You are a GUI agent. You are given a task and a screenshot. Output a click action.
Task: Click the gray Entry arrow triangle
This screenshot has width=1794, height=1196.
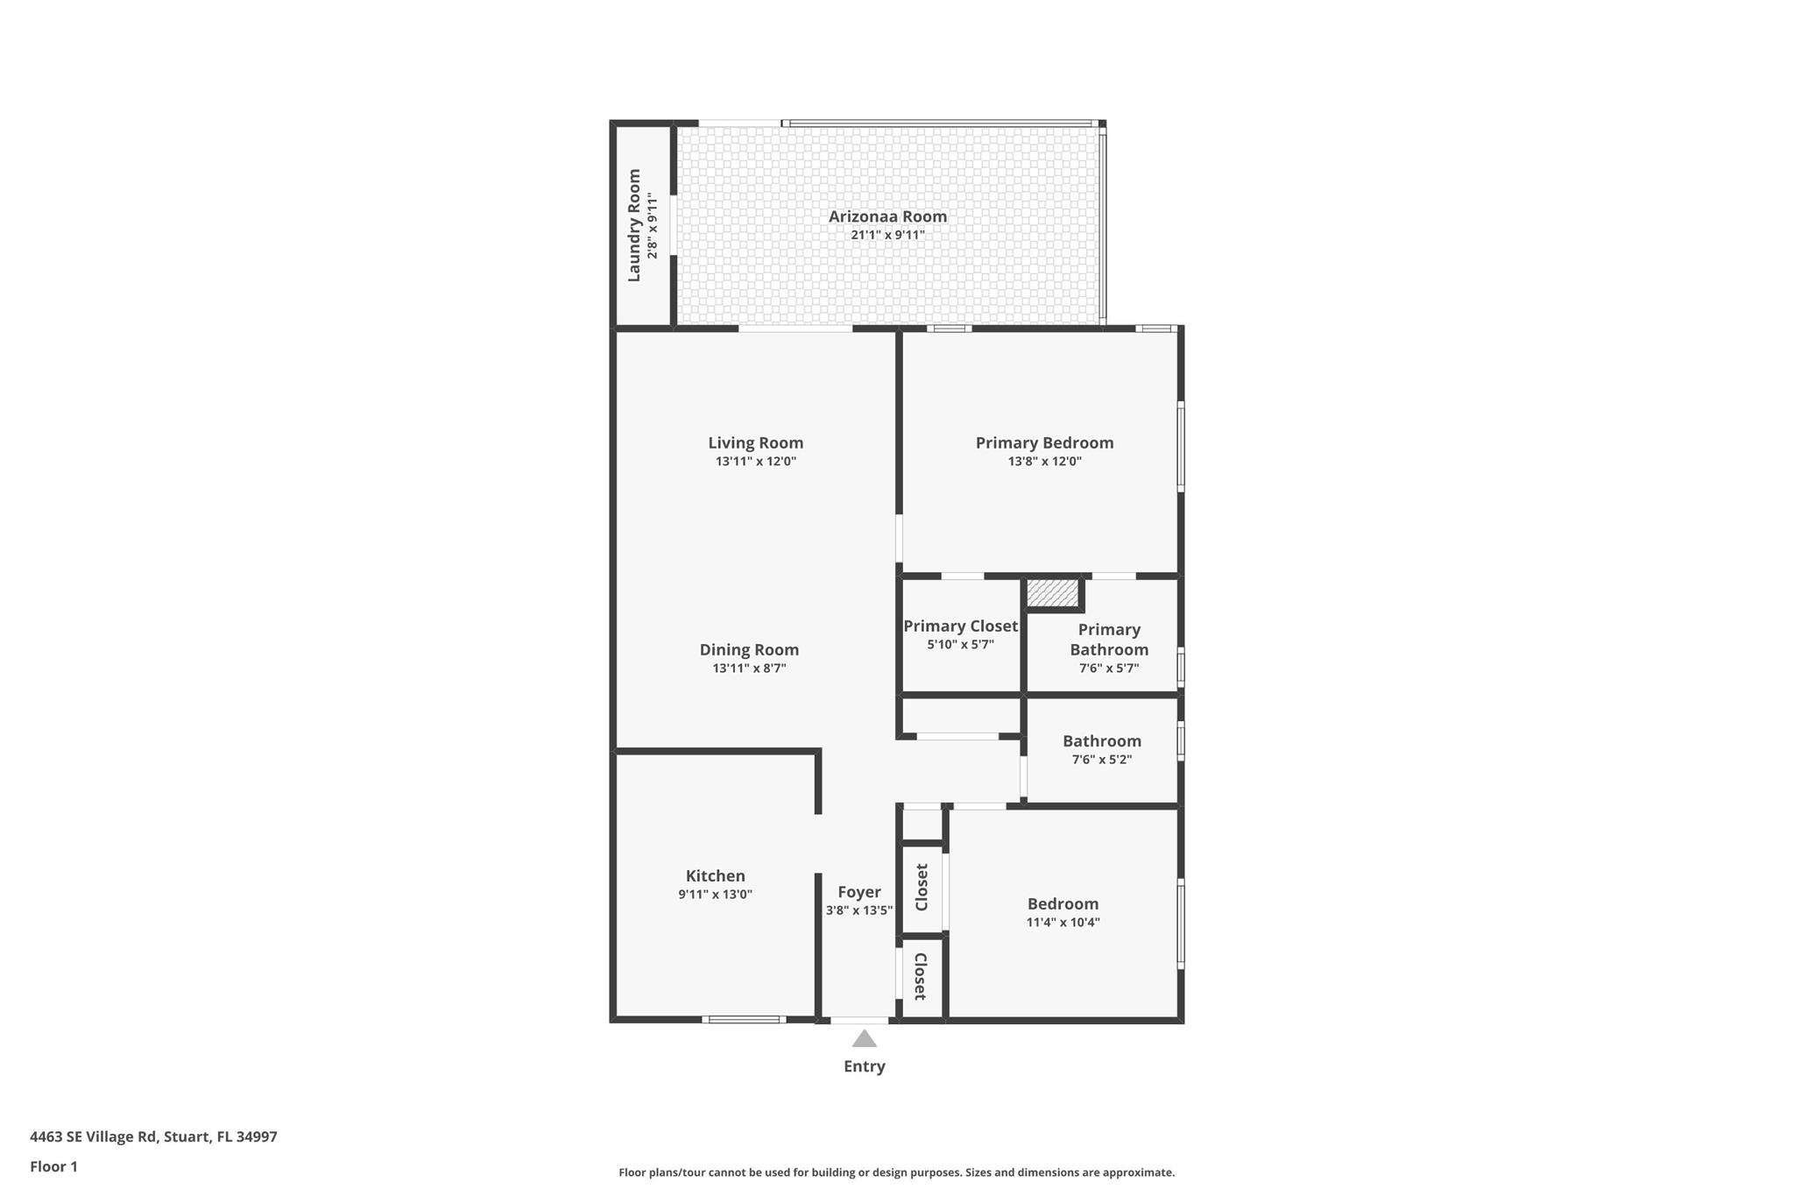point(864,1039)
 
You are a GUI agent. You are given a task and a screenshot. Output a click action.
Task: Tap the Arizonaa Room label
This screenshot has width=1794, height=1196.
point(887,216)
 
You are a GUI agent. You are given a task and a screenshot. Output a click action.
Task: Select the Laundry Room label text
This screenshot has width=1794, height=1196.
point(634,225)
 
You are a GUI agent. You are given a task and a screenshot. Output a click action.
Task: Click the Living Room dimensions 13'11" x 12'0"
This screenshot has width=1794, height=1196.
point(755,462)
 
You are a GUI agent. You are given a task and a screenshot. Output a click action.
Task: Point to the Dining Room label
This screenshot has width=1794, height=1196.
point(749,649)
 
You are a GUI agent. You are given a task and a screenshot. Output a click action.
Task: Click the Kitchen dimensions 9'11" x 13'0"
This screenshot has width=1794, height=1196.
point(715,895)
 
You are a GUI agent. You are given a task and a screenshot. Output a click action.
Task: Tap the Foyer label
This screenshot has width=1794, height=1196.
point(858,892)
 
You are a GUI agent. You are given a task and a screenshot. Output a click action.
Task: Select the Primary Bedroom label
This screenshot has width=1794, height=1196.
point(1044,442)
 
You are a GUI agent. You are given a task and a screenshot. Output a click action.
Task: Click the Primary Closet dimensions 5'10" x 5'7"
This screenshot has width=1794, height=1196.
point(960,645)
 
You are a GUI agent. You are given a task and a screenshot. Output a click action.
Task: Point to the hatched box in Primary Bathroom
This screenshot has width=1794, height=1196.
point(1052,593)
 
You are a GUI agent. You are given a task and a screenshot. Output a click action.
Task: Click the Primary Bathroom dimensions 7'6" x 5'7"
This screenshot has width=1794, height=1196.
point(1108,669)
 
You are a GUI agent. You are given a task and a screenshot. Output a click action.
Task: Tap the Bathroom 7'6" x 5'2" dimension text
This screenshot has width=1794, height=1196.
point(1101,760)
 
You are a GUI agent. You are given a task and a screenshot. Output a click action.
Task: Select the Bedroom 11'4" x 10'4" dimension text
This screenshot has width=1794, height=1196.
point(1063,923)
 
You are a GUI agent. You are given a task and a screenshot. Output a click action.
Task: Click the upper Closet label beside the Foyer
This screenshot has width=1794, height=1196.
point(922,887)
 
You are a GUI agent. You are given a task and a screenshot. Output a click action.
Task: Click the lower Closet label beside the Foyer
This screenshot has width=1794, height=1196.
point(921,976)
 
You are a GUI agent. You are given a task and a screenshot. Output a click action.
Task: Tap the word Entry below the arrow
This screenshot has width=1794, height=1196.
point(864,1066)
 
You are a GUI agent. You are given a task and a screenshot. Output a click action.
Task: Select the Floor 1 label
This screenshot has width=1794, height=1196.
point(53,1166)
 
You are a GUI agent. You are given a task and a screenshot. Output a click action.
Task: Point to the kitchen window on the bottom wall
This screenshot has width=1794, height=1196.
point(743,1019)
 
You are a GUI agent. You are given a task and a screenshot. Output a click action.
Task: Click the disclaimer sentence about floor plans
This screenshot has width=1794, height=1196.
point(896,1172)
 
